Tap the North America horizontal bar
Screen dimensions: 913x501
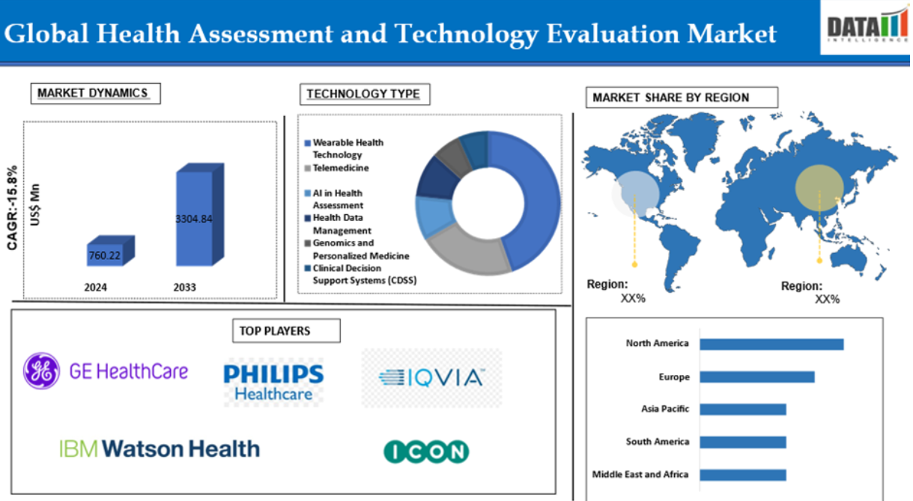pos(771,344)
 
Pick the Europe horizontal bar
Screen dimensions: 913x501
pos(757,377)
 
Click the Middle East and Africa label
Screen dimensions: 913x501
pos(640,475)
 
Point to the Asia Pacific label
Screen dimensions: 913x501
pos(665,409)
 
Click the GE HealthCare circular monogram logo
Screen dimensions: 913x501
pos(41,371)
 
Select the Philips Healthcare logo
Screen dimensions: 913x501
pos(273,382)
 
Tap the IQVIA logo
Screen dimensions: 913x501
pos(431,378)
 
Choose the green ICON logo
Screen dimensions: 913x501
pos(426,452)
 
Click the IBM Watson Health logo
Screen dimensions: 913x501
pos(160,449)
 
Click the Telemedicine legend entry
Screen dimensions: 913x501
pos(337,168)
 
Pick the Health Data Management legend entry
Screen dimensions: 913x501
pos(338,224)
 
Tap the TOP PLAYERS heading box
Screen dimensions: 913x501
pos(286,330)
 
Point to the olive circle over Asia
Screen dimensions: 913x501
pos(819,187)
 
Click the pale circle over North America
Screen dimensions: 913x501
pos(635,194)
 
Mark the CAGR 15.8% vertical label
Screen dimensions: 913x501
pos(12,207)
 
